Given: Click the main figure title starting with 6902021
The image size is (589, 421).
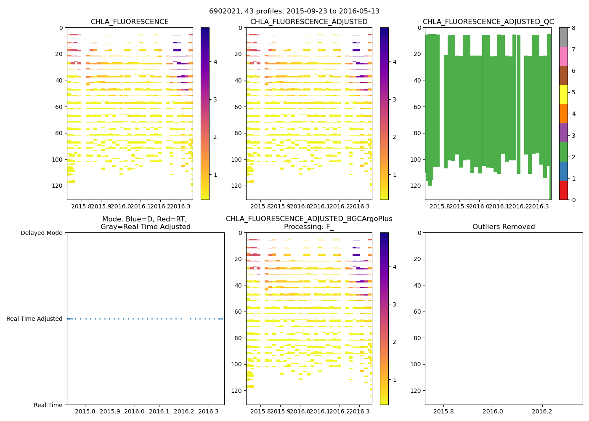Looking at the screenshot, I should [x=294, y=11].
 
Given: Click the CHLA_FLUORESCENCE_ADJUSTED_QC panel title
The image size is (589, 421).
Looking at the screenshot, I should [x=488, y=22].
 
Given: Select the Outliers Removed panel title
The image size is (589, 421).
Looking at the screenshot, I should [x=504, y=227].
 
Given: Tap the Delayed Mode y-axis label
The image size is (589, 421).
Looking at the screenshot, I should [x=41, y=233].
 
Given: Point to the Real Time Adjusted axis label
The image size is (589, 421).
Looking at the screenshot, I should [x=34, y=319].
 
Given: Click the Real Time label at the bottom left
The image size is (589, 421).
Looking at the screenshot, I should [x=48, y=405].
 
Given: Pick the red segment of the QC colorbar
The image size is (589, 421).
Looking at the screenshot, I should [x=563, y=190].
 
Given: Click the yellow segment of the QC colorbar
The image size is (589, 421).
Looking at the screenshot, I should [x=563, y=95].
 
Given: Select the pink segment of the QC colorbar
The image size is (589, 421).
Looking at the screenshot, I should [x=563, y=56].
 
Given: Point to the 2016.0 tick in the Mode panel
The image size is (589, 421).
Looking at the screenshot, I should [x=135, y=411].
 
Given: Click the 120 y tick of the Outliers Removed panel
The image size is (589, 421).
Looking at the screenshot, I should [x=417, y=391].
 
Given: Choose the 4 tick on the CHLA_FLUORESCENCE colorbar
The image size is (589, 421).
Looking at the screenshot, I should [x=215, y=62].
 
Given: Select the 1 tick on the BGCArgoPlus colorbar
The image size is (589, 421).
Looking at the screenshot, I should [x=395, y=380].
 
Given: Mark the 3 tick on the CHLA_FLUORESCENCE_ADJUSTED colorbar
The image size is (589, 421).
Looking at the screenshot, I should [x=395, y=99].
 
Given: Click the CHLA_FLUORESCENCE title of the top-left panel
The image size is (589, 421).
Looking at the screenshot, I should [x=130, y=22].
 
